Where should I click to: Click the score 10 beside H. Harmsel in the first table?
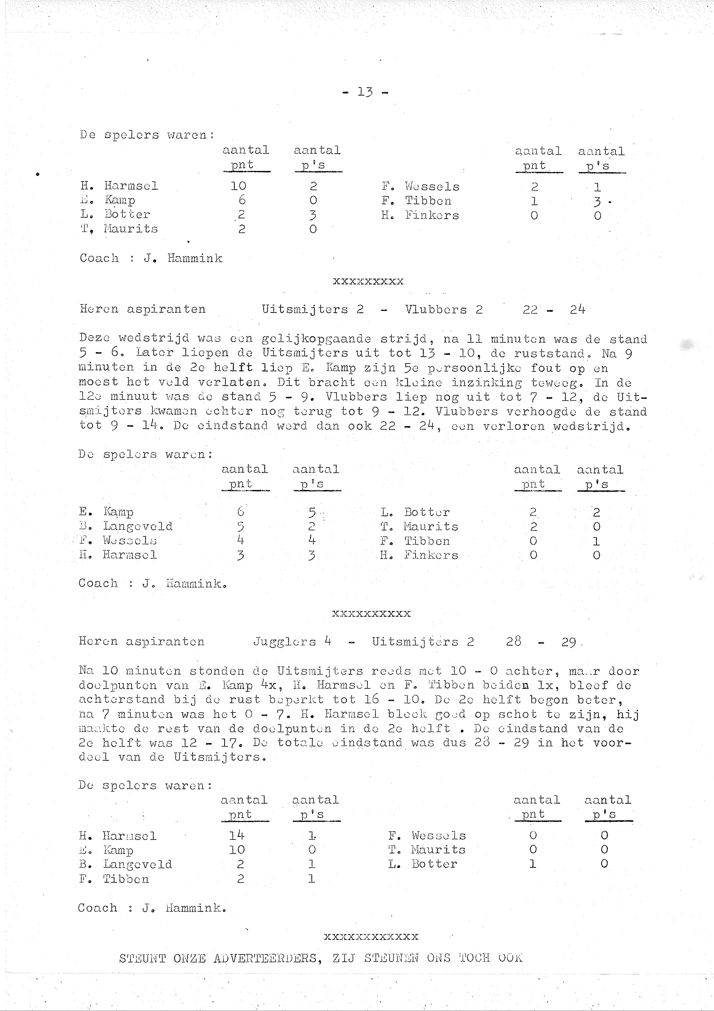238,186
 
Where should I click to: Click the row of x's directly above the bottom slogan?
371,937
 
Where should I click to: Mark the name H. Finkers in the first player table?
420,216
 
